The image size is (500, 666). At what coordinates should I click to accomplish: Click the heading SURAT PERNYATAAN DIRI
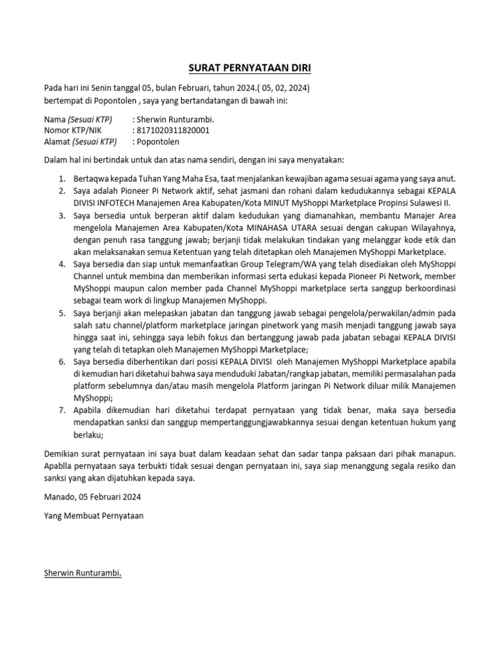tap(250, 68)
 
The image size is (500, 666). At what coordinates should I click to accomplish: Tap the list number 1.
tap(61, 179)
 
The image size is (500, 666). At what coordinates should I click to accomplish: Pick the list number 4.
tap(61, 265)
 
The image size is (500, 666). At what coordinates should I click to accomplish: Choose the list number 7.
tap(61, 410)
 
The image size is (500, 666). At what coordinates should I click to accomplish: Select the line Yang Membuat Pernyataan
tap(93, 516)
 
